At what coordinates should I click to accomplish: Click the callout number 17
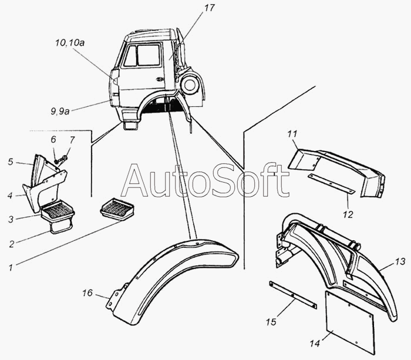click(x=209, y=8)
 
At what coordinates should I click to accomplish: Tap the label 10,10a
click(x=69, y=43)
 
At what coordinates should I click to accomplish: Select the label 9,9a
click(x=60, y=111)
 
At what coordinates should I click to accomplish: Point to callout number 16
click(x=87, y=292)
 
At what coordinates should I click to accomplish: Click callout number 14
click(x=315, y=343)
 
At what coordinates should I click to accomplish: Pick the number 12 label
click(x=348, y=214)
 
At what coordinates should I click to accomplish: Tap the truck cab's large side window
click(x=149, y=55)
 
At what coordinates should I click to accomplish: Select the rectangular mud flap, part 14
click(x=349, y=322)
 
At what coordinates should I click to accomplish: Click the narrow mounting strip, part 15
click(x=293, y=295)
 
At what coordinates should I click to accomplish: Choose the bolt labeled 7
click(x=63, y=159)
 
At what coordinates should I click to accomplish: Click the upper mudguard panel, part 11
click(x=335, y=170)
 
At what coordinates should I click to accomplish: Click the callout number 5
click(x=10, y=162)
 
